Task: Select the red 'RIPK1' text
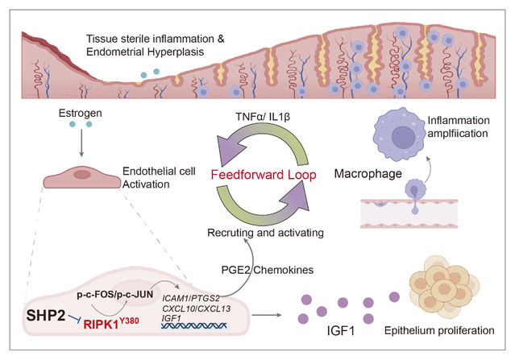(x=110, y=325)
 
